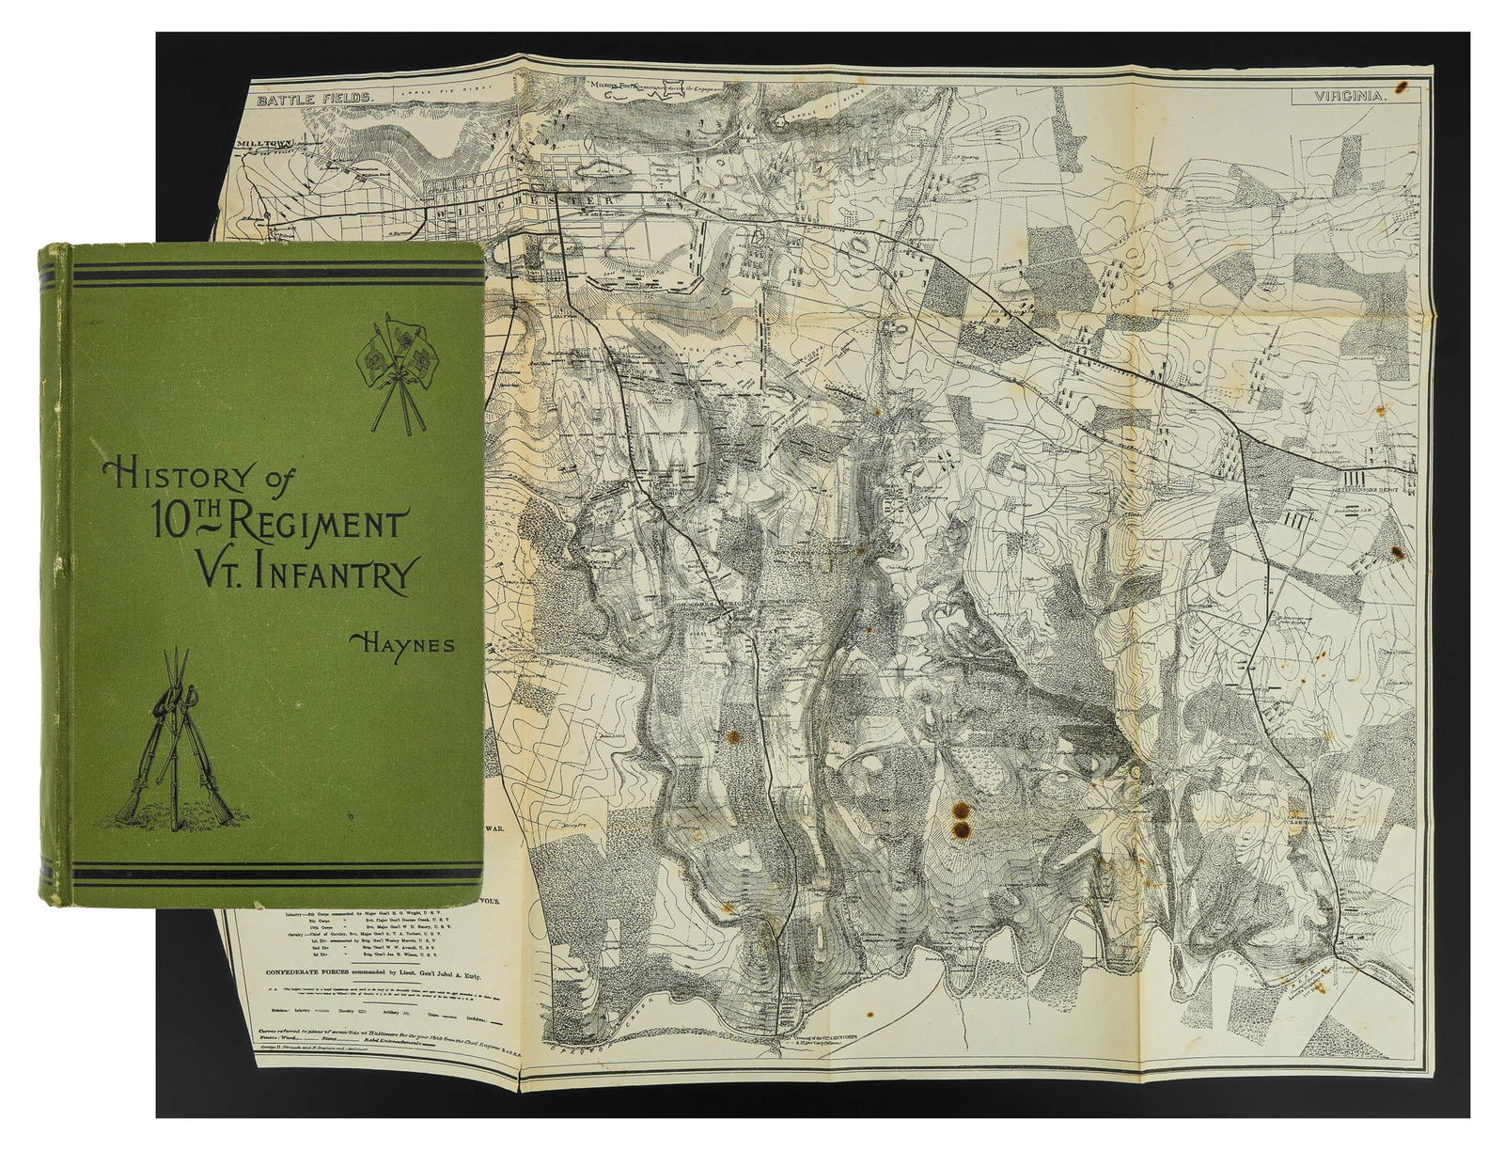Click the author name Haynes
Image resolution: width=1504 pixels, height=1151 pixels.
[x=401, y=643]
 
